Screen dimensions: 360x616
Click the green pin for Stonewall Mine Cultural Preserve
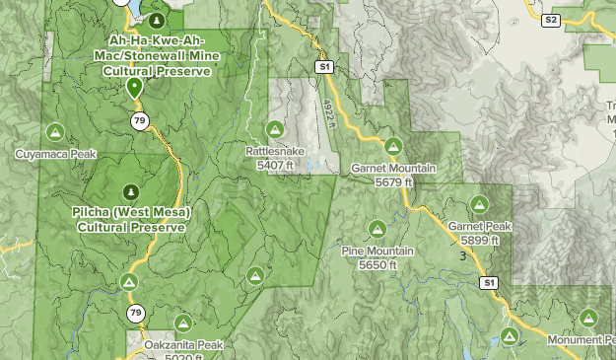point(135,87)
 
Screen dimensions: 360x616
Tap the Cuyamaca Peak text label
point(55,154)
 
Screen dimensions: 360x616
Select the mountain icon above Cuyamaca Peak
point(55,131)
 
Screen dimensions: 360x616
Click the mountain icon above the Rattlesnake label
point(275,129)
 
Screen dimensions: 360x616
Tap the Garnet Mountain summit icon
point(393,147)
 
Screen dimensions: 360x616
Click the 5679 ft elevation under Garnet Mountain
point(393,181)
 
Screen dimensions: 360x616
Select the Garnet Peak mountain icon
point(479,204)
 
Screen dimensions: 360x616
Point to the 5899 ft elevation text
point(479,239)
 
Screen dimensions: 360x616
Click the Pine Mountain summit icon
point(377,230)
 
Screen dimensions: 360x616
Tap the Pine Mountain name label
point(377,252)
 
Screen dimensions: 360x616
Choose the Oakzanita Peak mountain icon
point(183,324)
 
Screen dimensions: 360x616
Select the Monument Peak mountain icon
point(588,318)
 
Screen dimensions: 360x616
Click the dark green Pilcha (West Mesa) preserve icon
point(129,191)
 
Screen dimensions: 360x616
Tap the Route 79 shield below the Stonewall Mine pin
point(141,120)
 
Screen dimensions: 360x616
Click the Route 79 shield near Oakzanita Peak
point(135,314)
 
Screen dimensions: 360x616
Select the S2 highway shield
point(551,19)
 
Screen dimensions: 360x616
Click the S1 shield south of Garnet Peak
point(490,283)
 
